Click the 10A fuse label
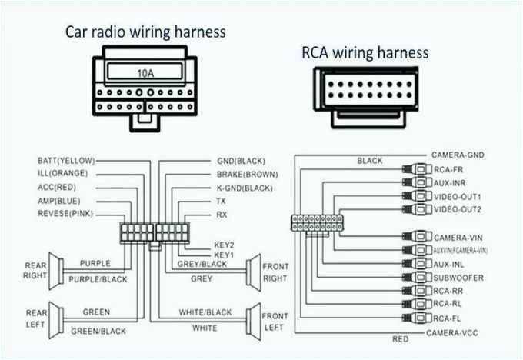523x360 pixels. [x=146, y=74]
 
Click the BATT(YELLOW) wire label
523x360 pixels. [x=66, y=161]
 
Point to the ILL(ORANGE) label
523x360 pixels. [x=62, y=174]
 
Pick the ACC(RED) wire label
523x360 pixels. [x=58, y=187]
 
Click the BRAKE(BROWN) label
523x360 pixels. [x=247, y=174]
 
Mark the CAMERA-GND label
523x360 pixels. [x=458, y=155]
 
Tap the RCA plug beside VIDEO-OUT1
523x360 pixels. [x=418, y=196]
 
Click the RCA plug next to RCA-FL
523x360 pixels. [x=418, y=318]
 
